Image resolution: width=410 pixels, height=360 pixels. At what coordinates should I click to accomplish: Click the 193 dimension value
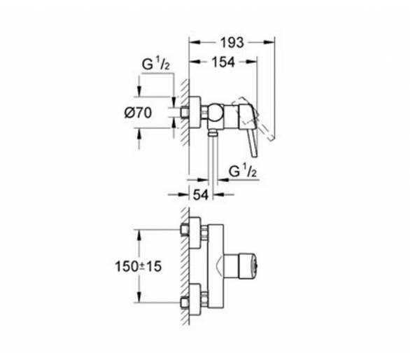(232, 43)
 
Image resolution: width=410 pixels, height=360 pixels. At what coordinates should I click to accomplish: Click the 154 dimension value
(223, 62)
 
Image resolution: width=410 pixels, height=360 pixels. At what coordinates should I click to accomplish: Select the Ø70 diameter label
(138, 113)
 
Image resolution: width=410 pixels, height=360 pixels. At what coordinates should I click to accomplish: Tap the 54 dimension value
(201, 195)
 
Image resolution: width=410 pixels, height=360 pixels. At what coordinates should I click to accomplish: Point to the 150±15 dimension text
(139, 267)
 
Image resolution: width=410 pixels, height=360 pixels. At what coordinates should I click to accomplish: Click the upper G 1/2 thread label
(155, 64)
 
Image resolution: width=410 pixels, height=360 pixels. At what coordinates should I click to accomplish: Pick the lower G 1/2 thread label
(242, 171)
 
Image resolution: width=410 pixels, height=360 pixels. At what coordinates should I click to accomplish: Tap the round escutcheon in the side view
(195, 113)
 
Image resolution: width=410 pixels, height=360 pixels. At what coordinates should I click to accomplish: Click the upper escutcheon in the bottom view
(195, 233)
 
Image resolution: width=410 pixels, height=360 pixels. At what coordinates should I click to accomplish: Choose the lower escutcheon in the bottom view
(195, 299)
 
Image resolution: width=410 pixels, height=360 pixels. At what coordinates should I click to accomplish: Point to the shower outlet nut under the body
(213, 134)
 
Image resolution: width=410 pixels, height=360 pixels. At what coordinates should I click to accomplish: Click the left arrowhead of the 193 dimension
(195, 42)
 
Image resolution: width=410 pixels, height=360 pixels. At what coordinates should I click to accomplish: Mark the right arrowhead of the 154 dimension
(252, 62)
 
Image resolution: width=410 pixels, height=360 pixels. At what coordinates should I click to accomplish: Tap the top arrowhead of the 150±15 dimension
(139, 235)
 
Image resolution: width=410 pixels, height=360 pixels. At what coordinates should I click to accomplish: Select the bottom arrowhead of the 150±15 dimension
(139, 297)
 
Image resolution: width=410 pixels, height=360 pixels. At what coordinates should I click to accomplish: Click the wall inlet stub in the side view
(184, 112)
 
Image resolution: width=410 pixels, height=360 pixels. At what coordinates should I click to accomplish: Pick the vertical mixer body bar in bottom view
(215, 265)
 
